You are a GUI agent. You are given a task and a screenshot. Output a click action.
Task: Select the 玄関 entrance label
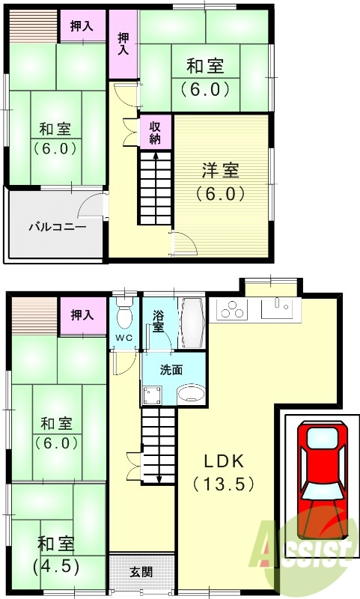(x=141, y=572)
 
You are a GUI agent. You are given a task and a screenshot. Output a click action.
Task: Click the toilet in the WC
(x=124, y=316)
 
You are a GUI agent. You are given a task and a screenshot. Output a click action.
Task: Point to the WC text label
(x=124, y=338)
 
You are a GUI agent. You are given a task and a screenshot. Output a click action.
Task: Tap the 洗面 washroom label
(x=171, y=369)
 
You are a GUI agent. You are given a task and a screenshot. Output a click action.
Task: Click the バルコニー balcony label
(x=58, y=226)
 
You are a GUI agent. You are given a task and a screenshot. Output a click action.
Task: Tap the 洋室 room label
(x=220, y=171)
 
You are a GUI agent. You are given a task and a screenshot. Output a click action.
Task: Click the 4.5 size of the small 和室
(x=57, y=565)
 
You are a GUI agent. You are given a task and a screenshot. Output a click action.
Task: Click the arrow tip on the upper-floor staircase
(x=155, y=155)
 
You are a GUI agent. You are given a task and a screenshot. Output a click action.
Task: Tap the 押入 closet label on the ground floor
(x=82, y=315)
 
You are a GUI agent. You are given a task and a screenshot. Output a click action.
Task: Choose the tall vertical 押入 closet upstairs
(x=123, y=43)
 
